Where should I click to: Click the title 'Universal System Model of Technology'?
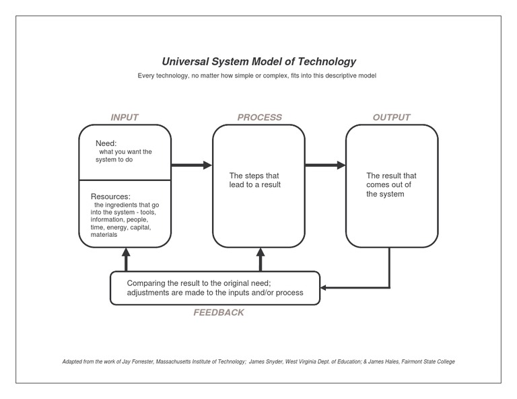tap(258, 61)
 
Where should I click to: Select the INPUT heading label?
tap(125, 117)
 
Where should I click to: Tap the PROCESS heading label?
tap(259, 117)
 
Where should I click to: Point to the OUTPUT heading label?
tap(391, 117)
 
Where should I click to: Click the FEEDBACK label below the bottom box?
tap(219, 312)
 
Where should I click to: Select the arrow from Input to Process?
tap(192, 165)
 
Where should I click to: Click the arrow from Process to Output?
tap(325, 165)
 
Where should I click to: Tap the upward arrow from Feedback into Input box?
tap(125, 260)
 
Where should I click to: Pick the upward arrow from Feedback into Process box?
tap(260, 260)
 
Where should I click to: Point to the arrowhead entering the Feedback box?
tap(324, 288)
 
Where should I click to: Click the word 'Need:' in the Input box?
tap(106, 143)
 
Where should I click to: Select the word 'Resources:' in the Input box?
tap(110, 196)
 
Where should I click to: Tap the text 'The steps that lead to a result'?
tap(255, 180)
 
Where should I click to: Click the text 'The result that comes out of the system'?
tap(391, 184)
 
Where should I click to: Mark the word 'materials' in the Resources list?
tap(104, 235)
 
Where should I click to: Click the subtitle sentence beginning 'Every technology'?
tap(256, 75)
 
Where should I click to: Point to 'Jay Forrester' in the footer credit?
tap(136, 361)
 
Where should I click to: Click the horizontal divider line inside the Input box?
tap(125, 180)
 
